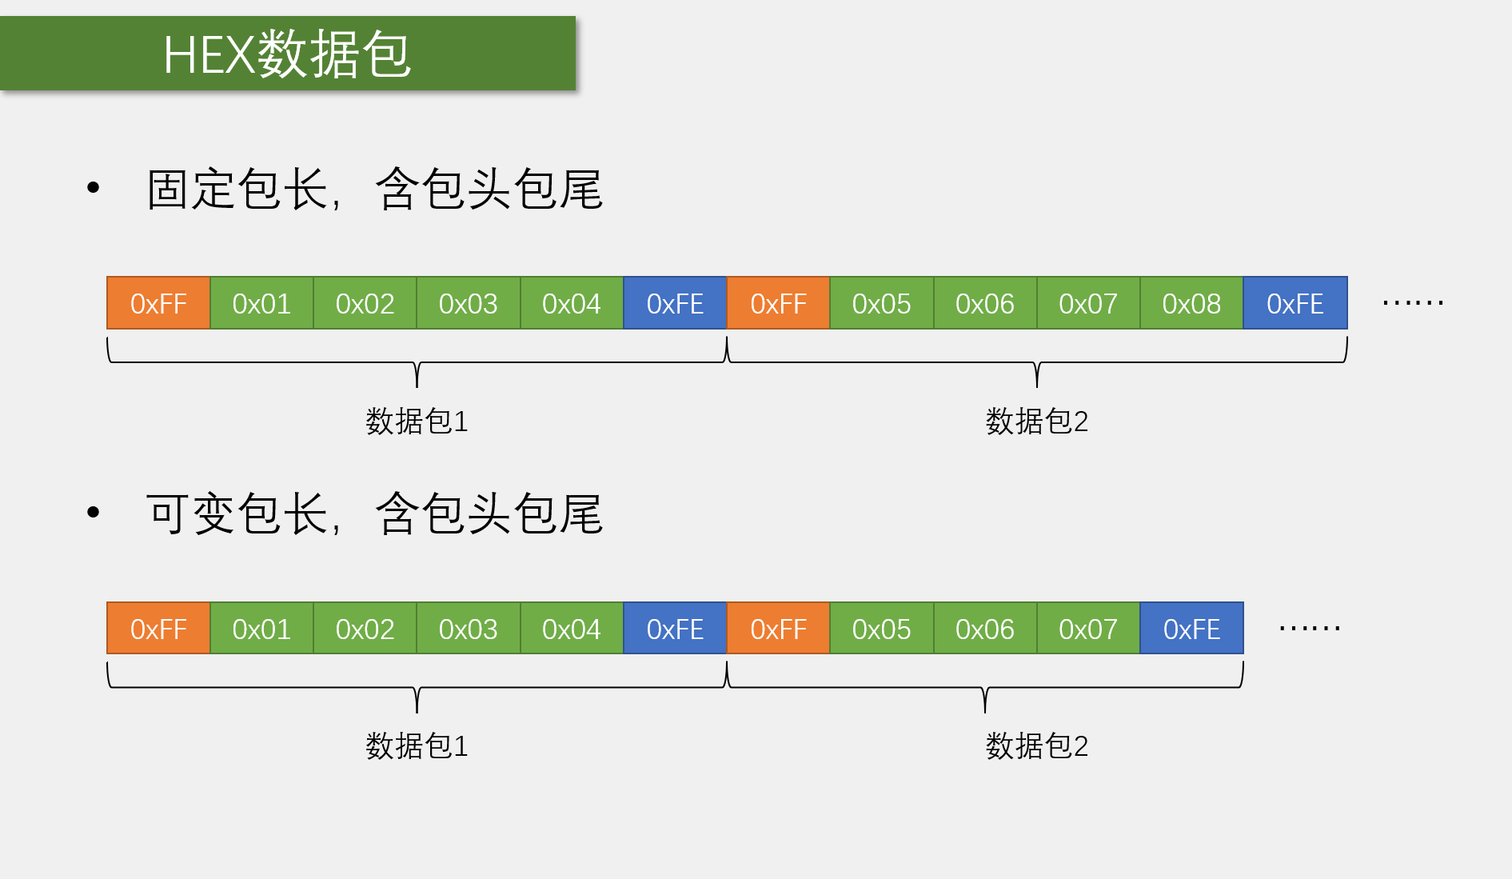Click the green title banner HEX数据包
click(x=287, y=54)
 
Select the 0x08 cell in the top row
click(x=1191, y=303)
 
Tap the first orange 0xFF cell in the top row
click(x=158, y=303)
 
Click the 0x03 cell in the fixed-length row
click(x=468, y=303)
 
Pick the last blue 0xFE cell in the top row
click(x=1295, y=303)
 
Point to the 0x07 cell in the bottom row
click(x=1087, y=629)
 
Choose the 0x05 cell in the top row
click(x=881, y=303)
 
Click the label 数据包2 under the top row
click(x=1036, y=421)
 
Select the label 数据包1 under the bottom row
click(x=417, y=745)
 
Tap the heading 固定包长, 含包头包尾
click(x=374, y=190)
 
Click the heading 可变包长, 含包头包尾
click(x=374, y=513)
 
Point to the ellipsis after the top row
click(x=1412, y=303)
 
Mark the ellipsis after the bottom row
click(x=1309, y=629)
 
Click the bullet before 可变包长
click(x=94, y=512)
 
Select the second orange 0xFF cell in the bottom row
click(x=778, y=629)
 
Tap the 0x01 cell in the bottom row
click(x=261, y=629)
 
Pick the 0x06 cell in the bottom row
click(x=984, y=629)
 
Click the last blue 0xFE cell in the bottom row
click(x=1191, y=629)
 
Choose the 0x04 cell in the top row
click(x=571, y=303)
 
